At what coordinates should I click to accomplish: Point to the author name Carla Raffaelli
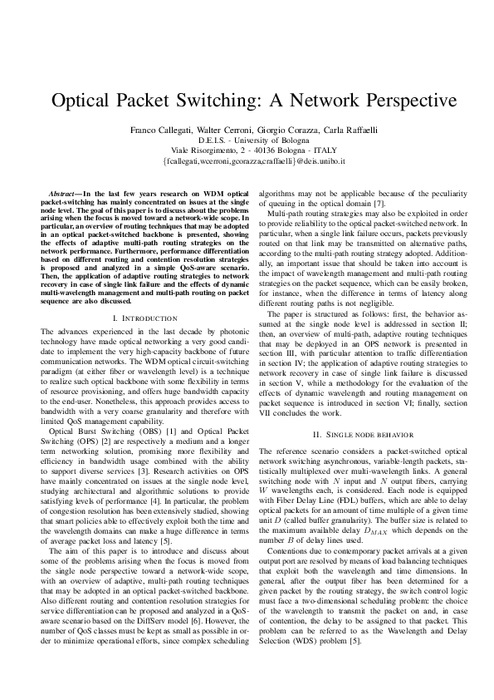(x=329, y=131)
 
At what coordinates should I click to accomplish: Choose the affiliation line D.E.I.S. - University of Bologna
(x=247, y=140)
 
